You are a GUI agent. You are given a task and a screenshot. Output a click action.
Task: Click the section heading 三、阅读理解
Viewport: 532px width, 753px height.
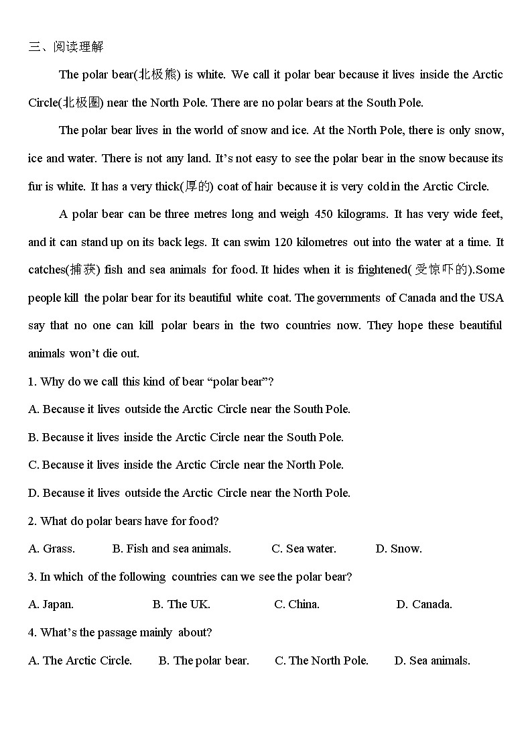click(x=66, y=46)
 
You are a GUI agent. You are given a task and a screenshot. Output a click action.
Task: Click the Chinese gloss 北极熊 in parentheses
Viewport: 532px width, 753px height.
click(x=158, y=74)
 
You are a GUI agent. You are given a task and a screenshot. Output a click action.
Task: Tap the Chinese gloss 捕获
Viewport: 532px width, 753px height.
click(x=84, y=270)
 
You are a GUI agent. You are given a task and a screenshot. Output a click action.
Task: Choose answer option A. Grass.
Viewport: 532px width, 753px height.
click(x=52, y=548)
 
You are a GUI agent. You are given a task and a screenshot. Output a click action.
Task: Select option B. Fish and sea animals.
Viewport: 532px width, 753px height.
click(x=172, y=548)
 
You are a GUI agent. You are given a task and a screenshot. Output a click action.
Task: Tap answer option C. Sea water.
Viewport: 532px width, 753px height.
click(x=304, y=548)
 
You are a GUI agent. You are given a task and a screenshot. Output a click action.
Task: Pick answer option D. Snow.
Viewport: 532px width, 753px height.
click(x=399, y=548)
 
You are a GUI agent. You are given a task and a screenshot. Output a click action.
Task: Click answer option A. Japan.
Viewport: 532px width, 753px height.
click(x=51, y=604)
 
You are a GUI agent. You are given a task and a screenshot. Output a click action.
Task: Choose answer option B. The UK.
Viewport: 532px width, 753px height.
click(x=181, y=604)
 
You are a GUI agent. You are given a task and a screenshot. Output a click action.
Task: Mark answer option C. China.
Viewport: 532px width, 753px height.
click(x=296, y=604)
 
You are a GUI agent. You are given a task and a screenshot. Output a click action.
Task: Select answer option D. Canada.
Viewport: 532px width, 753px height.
click(x=423, y=604)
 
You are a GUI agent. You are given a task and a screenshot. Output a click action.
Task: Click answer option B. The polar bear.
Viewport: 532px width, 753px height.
click(x=204, y=660)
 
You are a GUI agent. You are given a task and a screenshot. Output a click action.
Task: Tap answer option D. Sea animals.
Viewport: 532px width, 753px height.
click(x=432, y=660)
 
